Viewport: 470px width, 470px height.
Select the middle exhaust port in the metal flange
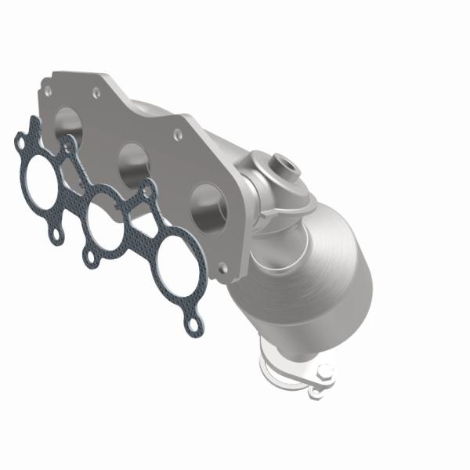click(134, 163)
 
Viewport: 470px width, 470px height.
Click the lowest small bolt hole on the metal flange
click(222, 268)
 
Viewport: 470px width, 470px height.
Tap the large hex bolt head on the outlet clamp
click(325, 372)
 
